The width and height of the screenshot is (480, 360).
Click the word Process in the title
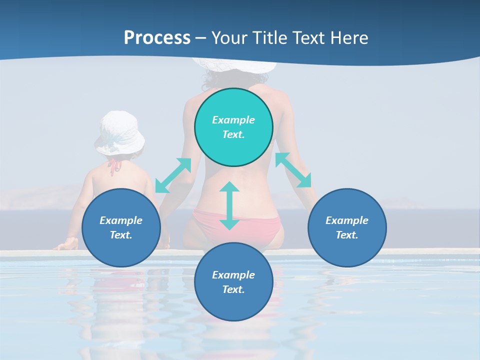[x=157, y=38]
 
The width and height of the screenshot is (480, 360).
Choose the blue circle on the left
[x=121, y=227]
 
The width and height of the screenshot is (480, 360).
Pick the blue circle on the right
[x=347, y=227]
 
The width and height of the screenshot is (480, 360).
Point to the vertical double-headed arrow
[x=229, y=205]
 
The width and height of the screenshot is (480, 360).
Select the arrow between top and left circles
[x=173, y=175]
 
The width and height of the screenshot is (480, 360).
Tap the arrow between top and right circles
[x=293, y=170]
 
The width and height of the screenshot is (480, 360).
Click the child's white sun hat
[x=119, y=132]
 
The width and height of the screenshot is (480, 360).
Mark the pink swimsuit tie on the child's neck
[x=115, y=165]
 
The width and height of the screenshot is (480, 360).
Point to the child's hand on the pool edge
[x=68, y=244]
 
